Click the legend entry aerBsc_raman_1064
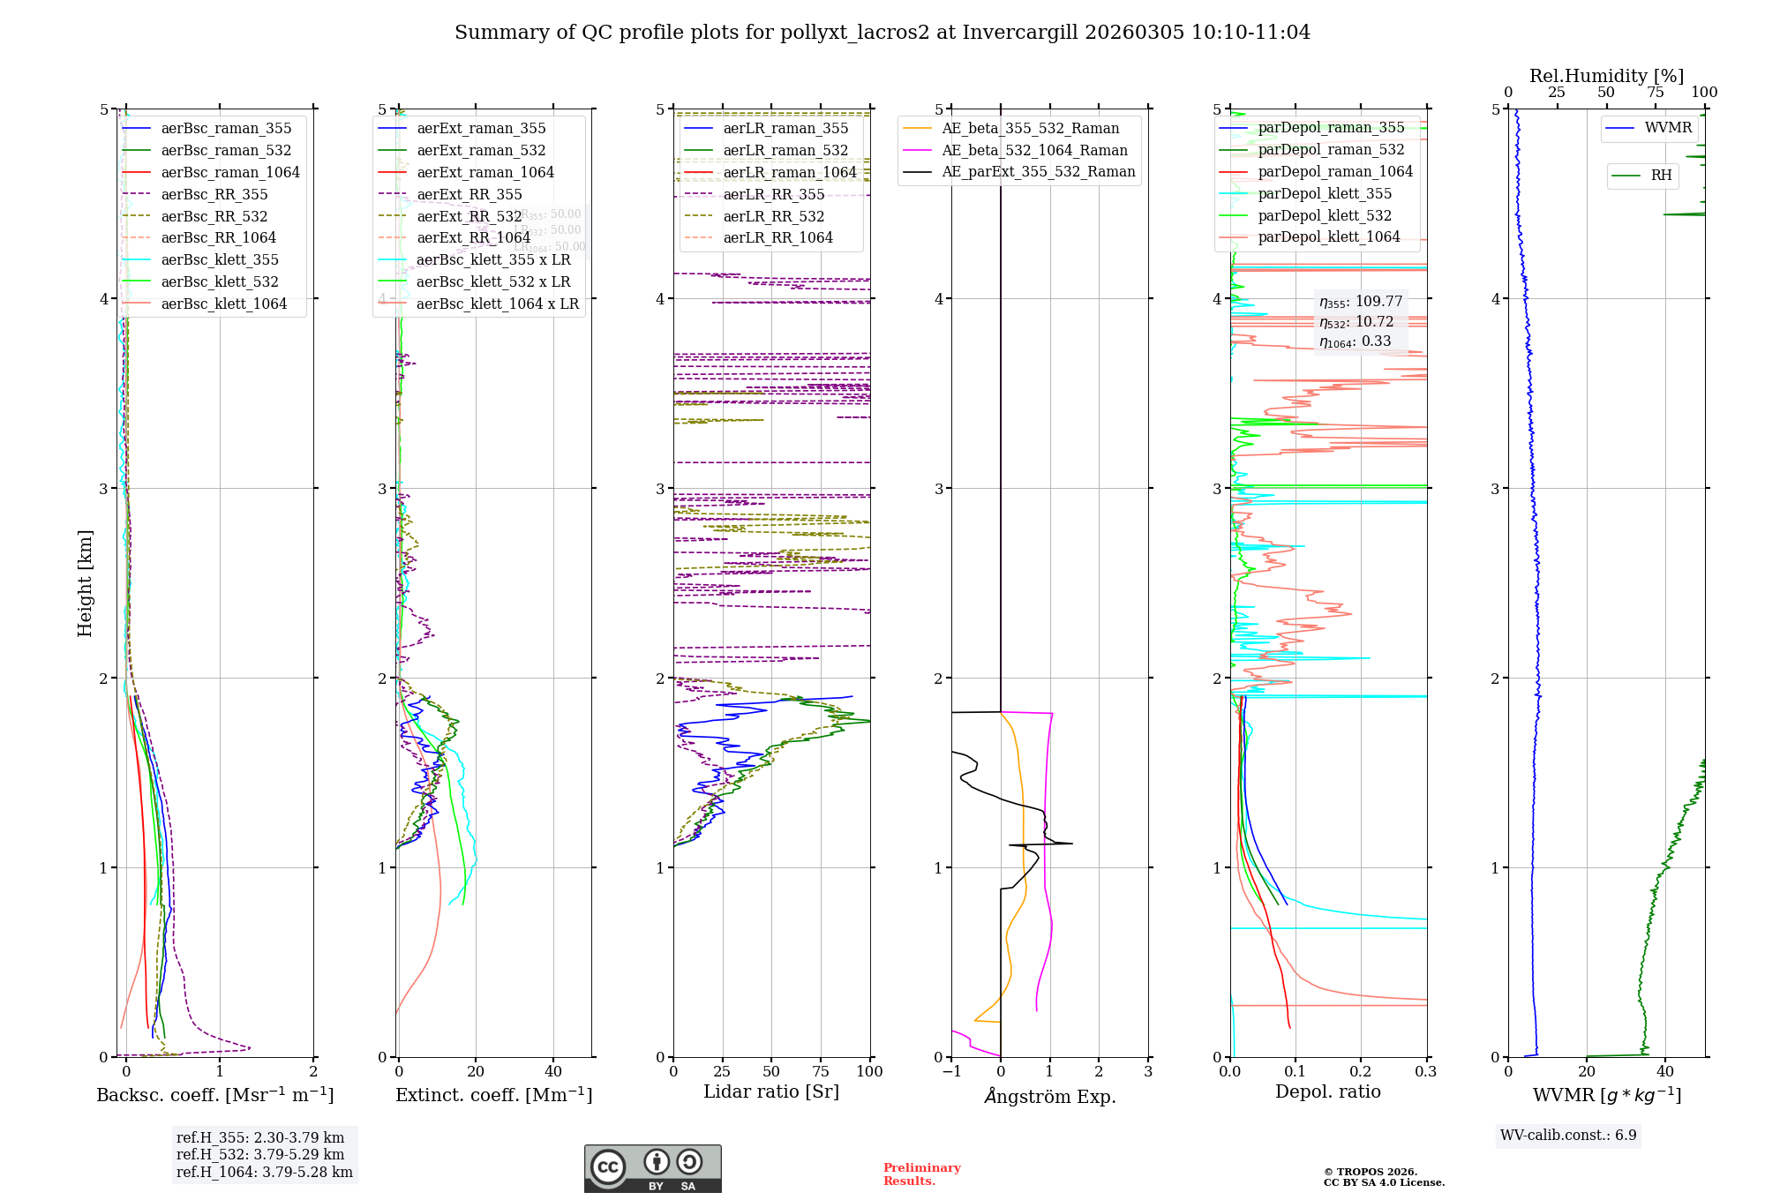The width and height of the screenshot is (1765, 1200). pos(229,172)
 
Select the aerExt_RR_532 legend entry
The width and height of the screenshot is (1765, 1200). pos(469,216)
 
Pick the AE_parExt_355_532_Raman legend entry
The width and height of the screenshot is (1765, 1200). pos(1038,171)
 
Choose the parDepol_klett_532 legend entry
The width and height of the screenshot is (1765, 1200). pos(1324,215)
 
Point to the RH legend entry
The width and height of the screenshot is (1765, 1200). pos(1661,176)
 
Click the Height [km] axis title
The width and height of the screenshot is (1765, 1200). pos(85,582)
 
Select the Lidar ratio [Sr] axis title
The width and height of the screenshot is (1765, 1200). pos(770,1091)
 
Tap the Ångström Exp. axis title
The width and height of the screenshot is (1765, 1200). pos(1049,1096)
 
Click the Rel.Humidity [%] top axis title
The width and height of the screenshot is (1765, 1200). pos(1606,76)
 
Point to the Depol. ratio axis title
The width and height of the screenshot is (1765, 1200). pos(1327,1091)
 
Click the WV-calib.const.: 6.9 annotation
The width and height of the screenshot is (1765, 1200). pos(1568,1135)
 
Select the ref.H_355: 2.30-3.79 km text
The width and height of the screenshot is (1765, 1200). pos(260,1137)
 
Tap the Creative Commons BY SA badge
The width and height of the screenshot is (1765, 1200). pos(652,1168)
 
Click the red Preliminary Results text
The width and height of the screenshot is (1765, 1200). pos(921,1174)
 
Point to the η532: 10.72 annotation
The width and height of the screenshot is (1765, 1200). pos(1356,322)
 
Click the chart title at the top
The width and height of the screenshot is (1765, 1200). pos(882,33)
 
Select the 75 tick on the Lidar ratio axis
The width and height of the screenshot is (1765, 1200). pos(821,1071)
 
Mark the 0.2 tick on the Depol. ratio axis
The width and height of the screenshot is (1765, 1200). pos(1361,1071)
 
